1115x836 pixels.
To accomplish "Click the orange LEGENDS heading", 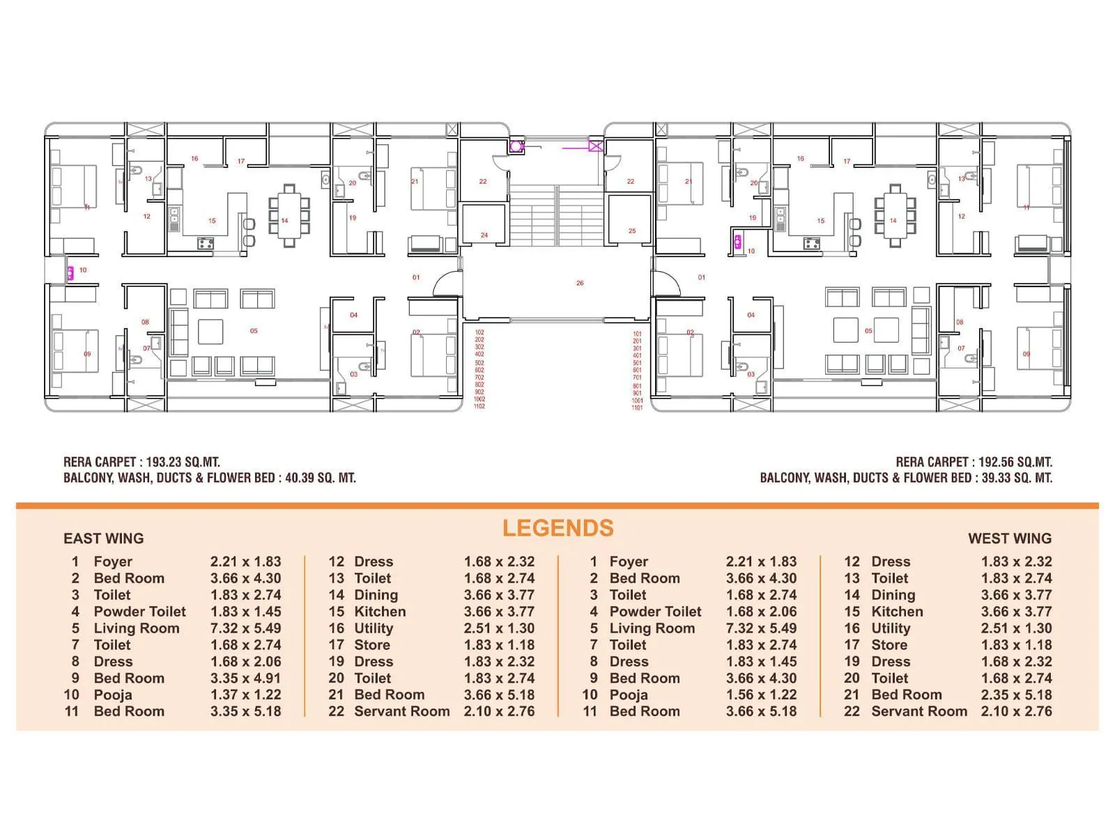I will click(557, 528).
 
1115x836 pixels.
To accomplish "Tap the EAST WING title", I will click(103, 539).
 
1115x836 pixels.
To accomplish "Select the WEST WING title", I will click(1010, 539).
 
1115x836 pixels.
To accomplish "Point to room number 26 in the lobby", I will click(580, 283).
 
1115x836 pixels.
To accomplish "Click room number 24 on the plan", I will click(484, 235).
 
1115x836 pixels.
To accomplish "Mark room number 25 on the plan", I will click(632, 231).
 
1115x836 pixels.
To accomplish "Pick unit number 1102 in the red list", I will click(479, 406).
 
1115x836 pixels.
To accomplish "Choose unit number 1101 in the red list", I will click(637, 408).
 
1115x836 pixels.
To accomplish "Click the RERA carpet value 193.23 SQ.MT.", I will click(183, 462).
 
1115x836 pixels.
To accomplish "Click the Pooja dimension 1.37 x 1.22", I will click(246, 695).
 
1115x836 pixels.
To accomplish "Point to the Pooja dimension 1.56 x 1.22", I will click(762, 695).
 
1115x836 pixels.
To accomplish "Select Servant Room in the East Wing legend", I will click(402, 711).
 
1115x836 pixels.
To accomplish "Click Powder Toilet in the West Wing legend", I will click(655, 612).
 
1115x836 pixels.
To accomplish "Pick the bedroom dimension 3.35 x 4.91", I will click(246, 678).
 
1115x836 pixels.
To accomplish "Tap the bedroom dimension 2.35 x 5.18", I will click(1017, 695).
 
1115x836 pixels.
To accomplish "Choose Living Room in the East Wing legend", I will click(137, 628).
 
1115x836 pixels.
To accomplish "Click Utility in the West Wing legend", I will click(891, 628).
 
